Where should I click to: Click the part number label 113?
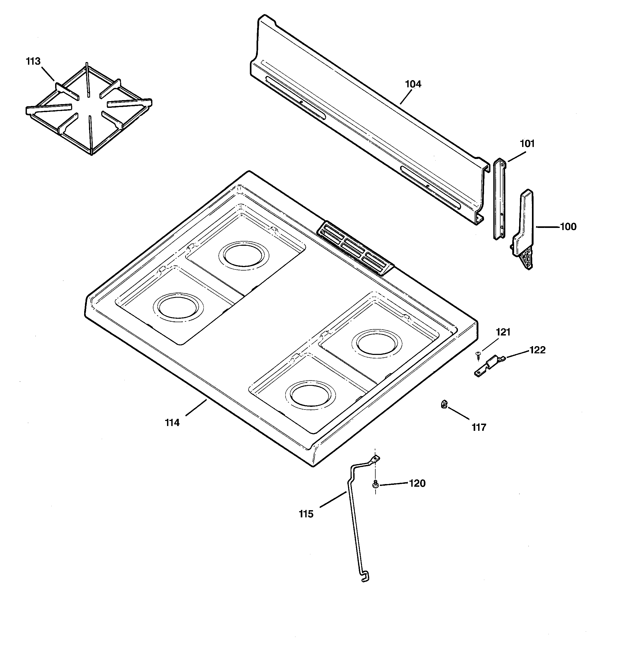coord(33,61)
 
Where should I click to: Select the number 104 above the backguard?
coord(413,84)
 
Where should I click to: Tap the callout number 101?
coord(527,144)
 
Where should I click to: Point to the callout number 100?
coord(568,227)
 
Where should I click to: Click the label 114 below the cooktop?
coord(172,423)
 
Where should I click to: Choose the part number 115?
coord(306,514)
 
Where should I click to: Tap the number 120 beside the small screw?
coord(417,484)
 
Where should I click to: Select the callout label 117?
coord(479,428)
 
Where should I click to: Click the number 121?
coord(503,332)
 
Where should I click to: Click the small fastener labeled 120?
coord(375,484)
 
